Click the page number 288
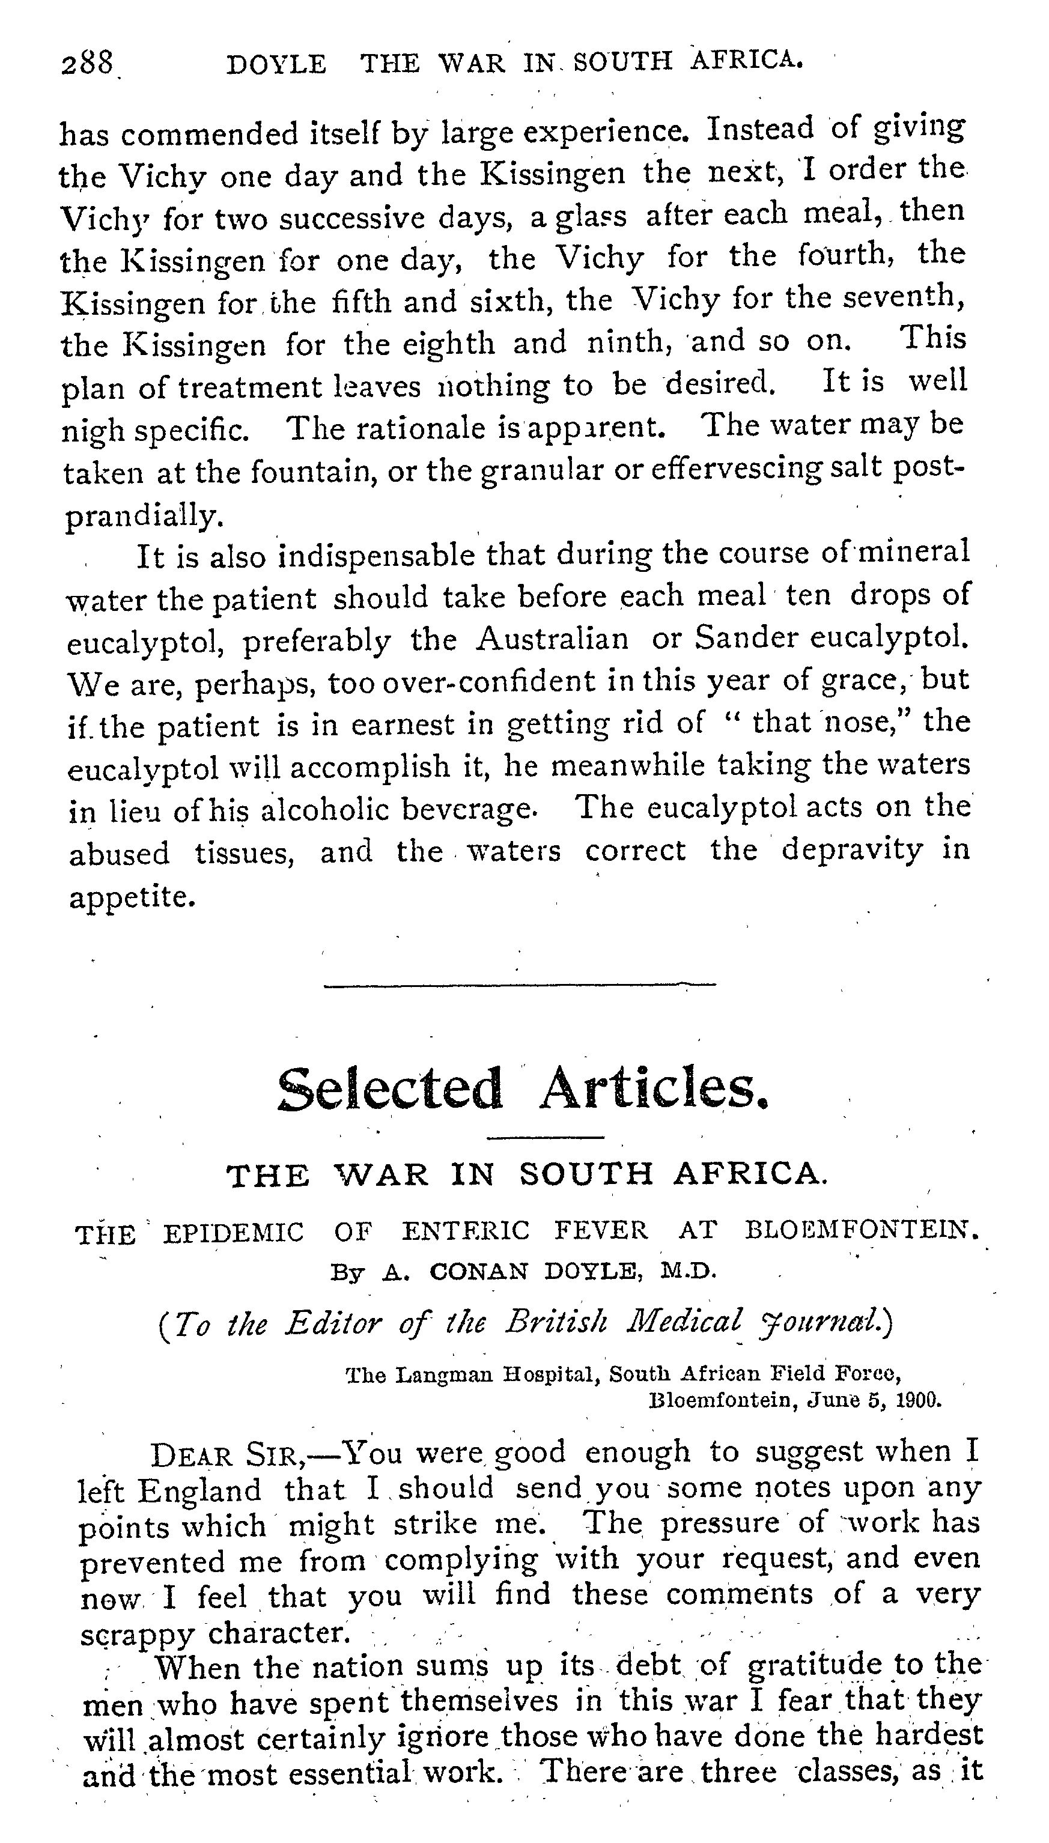tap(87, 65)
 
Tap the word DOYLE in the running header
tap(276, 65)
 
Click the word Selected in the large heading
tap(390, 1089)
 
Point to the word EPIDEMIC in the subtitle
tap(234, 1233)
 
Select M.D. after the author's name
tap(689, 1271)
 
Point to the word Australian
tap(552, 639)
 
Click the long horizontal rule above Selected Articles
tap(520, 985)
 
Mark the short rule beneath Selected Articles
tap(546, 1137)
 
